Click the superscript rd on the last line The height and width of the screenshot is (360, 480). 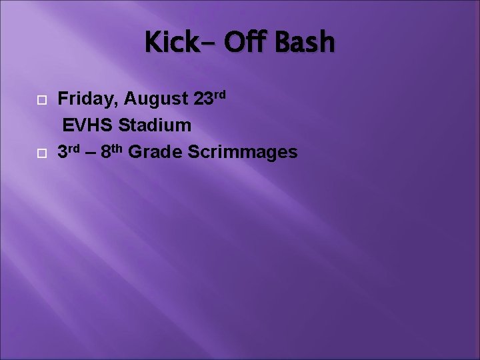75,147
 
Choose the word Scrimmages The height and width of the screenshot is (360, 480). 242,153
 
